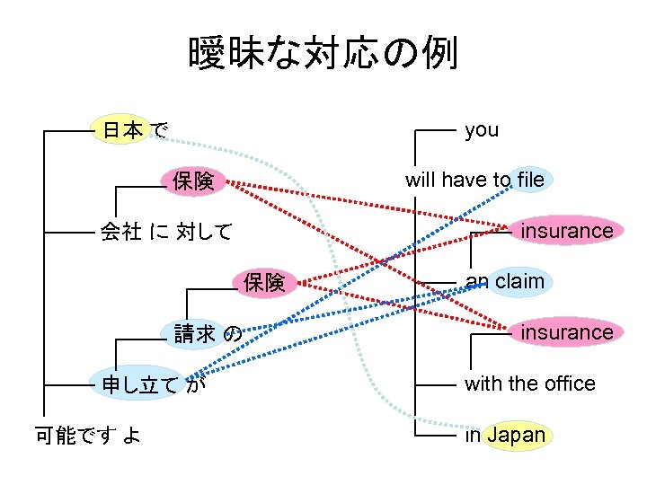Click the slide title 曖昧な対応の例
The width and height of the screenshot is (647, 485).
click(323, 54)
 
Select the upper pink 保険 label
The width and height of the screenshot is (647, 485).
click(193, 181)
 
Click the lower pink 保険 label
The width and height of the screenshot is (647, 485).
click(264, 283)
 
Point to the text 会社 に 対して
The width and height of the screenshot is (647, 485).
click(166, 232)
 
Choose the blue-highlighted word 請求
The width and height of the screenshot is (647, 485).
click(195, 334)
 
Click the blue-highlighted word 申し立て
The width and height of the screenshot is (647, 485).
click(140, 385)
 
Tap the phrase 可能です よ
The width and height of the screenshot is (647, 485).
click(87, 436)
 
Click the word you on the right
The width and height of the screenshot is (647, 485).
click(482, 130)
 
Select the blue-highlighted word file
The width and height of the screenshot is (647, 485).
click(530, 180)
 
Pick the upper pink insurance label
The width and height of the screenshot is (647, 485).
click(567, 231)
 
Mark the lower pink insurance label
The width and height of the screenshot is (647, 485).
click(567, 332)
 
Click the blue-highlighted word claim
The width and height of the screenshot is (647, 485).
click(519, 281)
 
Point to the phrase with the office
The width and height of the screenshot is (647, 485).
click(529, 384)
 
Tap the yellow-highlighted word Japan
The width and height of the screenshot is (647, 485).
click(516, 436)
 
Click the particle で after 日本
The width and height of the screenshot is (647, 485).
click(158, 131)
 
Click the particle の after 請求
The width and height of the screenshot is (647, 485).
click(232, 335)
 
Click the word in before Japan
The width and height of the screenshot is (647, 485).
click(473, 436)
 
